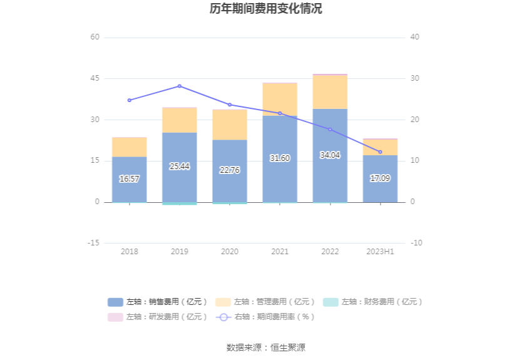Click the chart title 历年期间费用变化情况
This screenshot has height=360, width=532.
266,9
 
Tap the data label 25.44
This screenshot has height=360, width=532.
180,167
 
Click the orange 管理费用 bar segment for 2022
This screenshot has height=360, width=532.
330,92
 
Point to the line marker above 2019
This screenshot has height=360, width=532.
180,86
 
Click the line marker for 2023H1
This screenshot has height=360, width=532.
380,152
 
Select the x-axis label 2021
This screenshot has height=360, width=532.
280,252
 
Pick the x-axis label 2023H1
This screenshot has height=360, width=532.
380,252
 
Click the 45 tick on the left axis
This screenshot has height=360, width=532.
95,78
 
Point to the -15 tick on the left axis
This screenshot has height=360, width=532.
93,243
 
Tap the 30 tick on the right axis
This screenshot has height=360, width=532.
415,78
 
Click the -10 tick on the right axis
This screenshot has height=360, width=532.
416,243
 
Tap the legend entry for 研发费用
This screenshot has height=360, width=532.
157,317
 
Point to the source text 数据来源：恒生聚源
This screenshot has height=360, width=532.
266,347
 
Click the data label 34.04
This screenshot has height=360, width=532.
330,155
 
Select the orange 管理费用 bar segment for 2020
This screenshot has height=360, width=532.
230,125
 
